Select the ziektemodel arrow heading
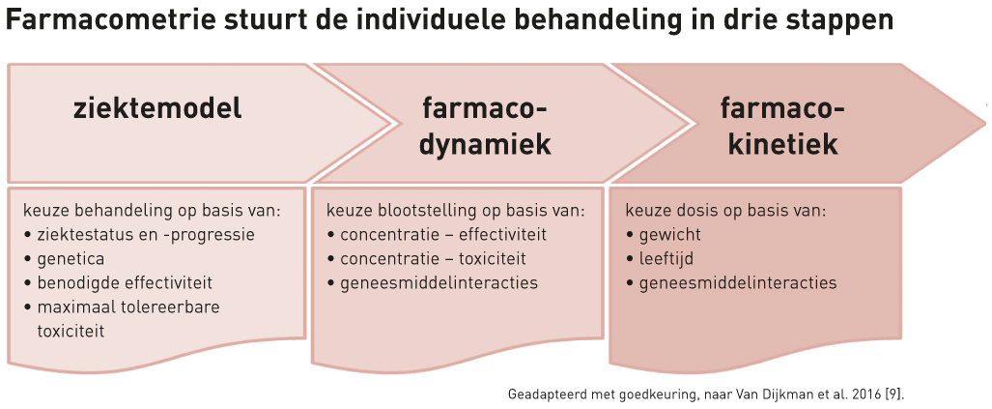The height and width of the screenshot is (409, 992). (157, 109)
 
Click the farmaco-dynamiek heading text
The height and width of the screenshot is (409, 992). (485, 128)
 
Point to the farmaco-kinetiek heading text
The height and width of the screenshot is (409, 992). (783, 128)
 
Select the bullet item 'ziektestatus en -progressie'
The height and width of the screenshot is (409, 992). (139, 235)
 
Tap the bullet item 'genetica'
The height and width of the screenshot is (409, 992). (65, 259)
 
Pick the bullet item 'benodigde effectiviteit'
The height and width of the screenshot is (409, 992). (118, 283)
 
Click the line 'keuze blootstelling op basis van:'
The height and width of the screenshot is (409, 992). (456, 211)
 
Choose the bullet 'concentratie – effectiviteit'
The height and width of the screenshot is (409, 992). (438, 235)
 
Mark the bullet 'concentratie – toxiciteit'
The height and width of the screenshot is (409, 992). (426, 259)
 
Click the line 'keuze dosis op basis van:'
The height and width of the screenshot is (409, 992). (726, 211)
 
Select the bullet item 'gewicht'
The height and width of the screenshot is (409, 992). (664, 236)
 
